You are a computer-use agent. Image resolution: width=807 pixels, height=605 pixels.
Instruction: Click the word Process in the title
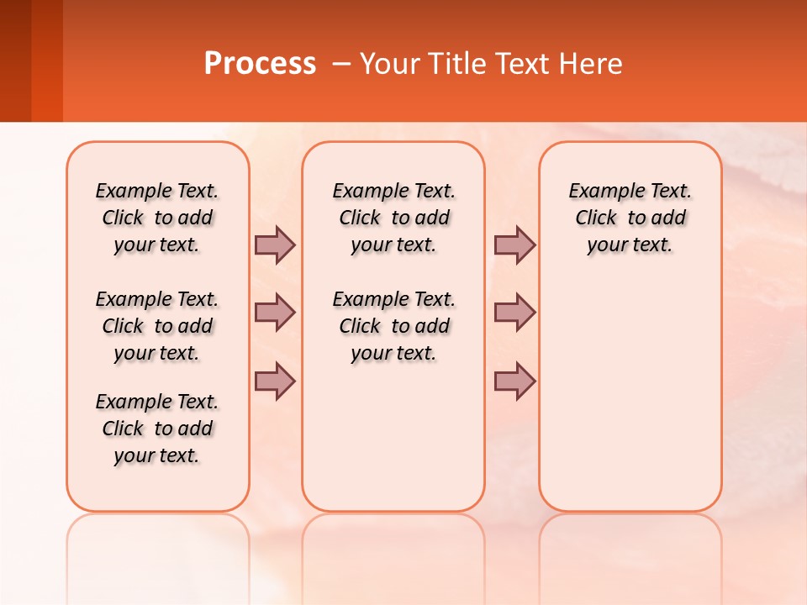click(x=260, y=64)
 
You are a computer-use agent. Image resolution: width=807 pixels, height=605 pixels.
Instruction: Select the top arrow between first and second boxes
click(x=274, y=245)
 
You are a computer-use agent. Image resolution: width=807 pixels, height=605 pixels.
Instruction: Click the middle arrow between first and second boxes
click(x=274, y=313)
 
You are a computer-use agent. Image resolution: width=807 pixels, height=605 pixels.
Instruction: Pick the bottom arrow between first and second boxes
click(x=274, y=381)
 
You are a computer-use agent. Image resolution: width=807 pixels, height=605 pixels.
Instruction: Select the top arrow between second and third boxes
click(x=514, y=245)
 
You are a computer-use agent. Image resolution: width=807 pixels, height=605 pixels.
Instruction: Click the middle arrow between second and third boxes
click(x=514, y=313)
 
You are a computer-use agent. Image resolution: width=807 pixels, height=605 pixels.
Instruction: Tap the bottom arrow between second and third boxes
click(x=514, y=381)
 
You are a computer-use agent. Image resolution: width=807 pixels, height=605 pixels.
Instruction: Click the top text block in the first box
click(x=157, y=218)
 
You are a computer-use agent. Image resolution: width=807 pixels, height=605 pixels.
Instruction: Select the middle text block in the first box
click(x=157, y=326)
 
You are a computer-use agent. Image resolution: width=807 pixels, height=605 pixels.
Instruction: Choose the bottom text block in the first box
click(x=157, y=429)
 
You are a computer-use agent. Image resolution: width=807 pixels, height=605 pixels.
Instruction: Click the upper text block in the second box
click(x=394, y=218)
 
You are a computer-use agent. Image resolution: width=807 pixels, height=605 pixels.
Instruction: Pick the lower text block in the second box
click(x=394, y=326)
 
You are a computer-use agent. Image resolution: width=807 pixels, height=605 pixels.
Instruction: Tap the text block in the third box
click(x=630, y=218)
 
